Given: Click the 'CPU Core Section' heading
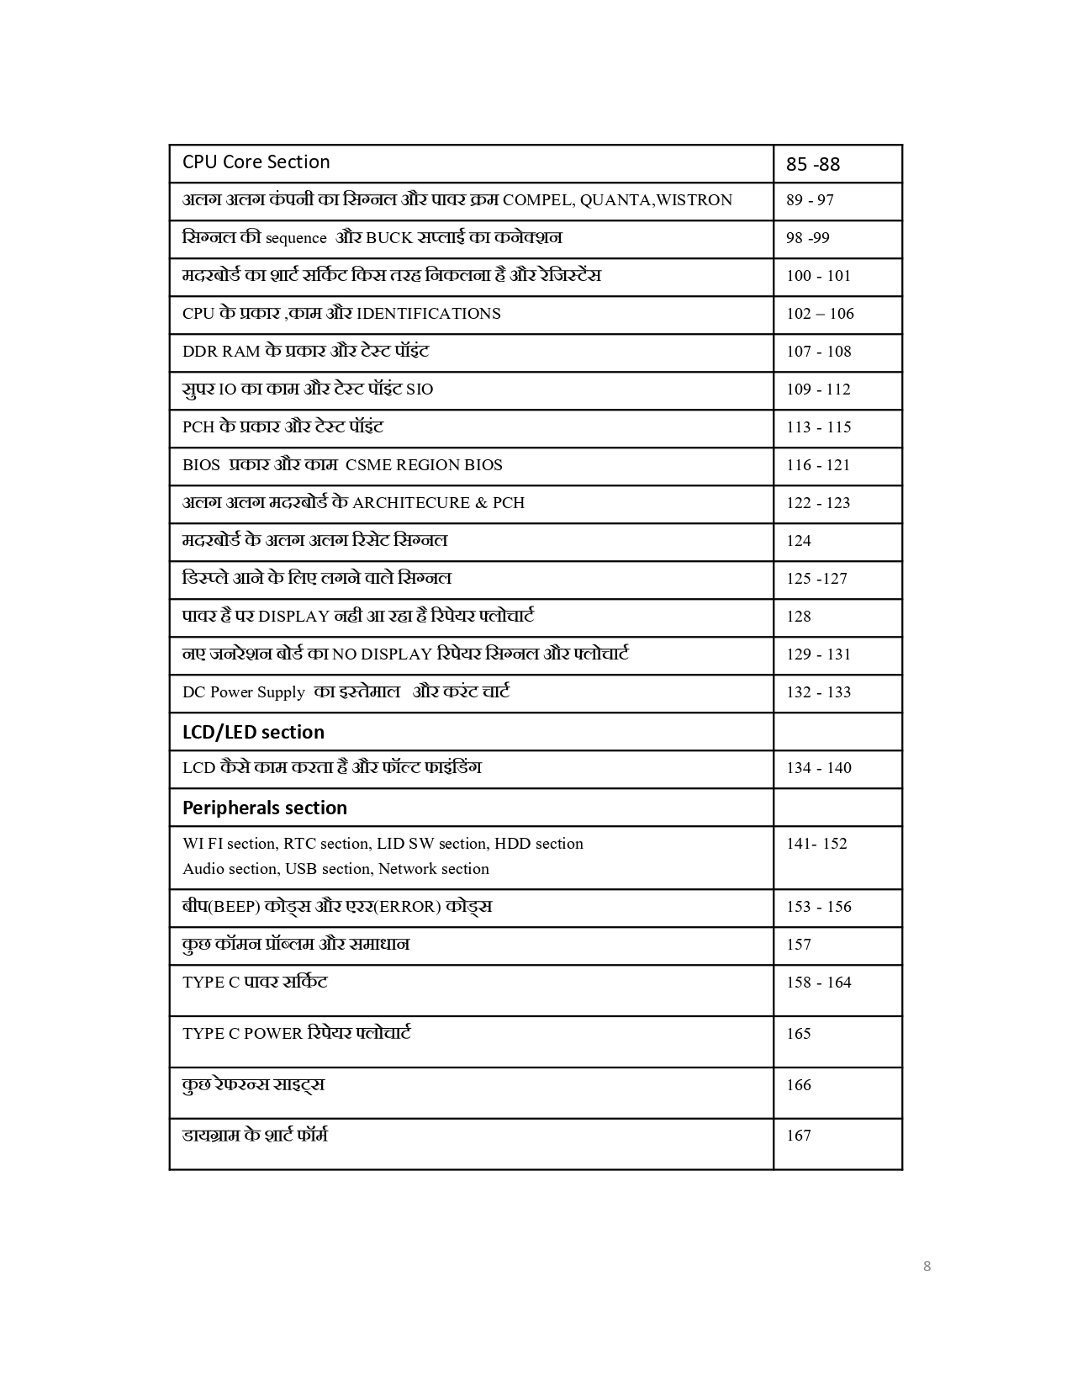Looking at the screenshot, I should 256,162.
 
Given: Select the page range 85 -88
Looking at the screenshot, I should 813,164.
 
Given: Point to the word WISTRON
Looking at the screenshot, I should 694,200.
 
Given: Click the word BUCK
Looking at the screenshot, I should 389,238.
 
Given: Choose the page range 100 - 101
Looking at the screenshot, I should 818,276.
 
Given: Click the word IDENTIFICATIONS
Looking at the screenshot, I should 428,314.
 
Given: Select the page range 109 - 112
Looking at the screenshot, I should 818,389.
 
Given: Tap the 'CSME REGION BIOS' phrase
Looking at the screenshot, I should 424,465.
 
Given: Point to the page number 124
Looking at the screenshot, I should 799,541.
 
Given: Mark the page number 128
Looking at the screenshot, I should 799,617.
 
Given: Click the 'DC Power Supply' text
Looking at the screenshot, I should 243,692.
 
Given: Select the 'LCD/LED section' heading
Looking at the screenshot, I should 253,732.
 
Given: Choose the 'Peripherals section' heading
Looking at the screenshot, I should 265,808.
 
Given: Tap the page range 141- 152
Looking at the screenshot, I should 816,844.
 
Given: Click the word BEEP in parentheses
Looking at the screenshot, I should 233,907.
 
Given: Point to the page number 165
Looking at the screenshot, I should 799,1034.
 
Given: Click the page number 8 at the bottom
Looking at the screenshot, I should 927,1266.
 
